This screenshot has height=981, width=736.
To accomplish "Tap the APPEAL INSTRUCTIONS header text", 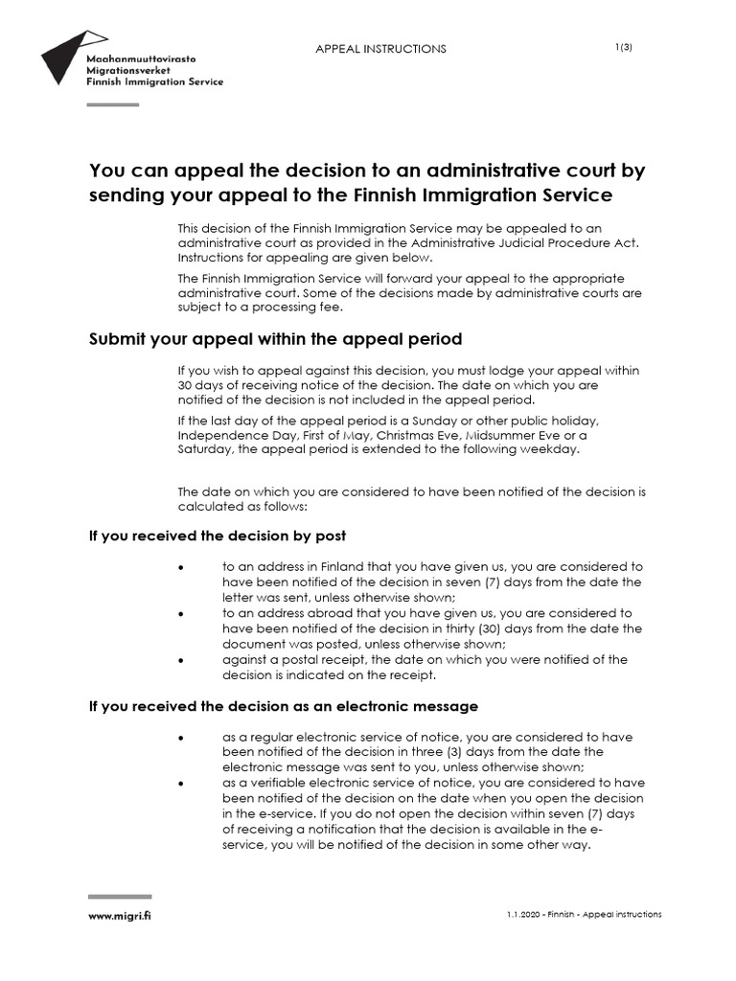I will pos(380,49).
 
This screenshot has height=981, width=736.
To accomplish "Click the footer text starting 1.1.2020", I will pos(584,915).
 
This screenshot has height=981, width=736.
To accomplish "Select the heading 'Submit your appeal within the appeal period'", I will pos(276,339).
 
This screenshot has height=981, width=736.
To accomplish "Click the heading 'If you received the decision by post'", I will pos(218,536).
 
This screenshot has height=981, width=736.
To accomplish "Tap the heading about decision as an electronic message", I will pos(283,706).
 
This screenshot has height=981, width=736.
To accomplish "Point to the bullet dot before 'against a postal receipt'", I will pos(181,660).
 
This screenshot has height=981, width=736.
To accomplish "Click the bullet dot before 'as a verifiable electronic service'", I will pos(181,784).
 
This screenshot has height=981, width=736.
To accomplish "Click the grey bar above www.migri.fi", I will pos(120,897).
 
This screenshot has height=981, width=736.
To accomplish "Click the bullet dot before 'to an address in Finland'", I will pos(181,567).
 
